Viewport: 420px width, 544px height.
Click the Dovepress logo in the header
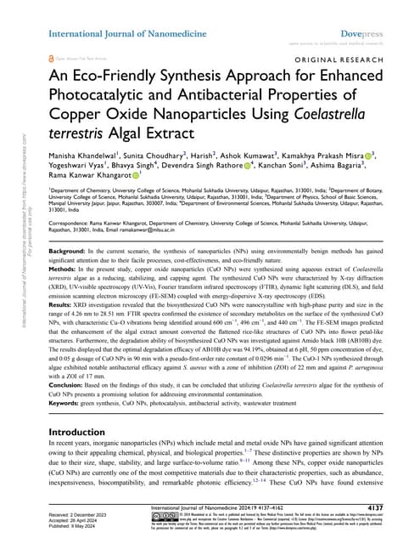[371, 11]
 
